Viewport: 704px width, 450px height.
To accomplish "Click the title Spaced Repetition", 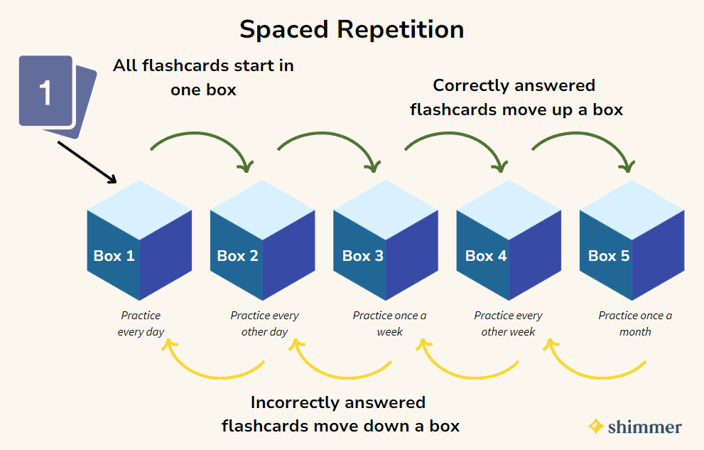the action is [352, 30].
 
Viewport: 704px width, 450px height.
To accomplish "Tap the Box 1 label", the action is [114, 255].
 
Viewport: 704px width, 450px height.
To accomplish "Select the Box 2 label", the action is [237, 255].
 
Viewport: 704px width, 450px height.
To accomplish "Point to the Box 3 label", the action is [363, 255].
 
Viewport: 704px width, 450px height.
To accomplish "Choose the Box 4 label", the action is [486, 255].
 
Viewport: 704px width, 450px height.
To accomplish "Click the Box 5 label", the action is [609, 255].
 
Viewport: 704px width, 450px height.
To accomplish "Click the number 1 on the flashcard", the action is [45, 93].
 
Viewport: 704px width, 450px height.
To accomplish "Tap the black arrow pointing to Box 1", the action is [87, 163].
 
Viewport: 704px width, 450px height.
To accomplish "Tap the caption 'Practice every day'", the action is [141, 323].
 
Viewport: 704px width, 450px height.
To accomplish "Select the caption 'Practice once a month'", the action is [635, 323].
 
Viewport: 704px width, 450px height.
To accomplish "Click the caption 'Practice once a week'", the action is [389, 323].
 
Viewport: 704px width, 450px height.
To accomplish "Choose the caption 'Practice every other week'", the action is [508, 323].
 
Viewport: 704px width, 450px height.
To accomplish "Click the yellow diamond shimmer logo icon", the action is [596, 427].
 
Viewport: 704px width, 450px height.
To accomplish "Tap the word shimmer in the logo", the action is [645, 427].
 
